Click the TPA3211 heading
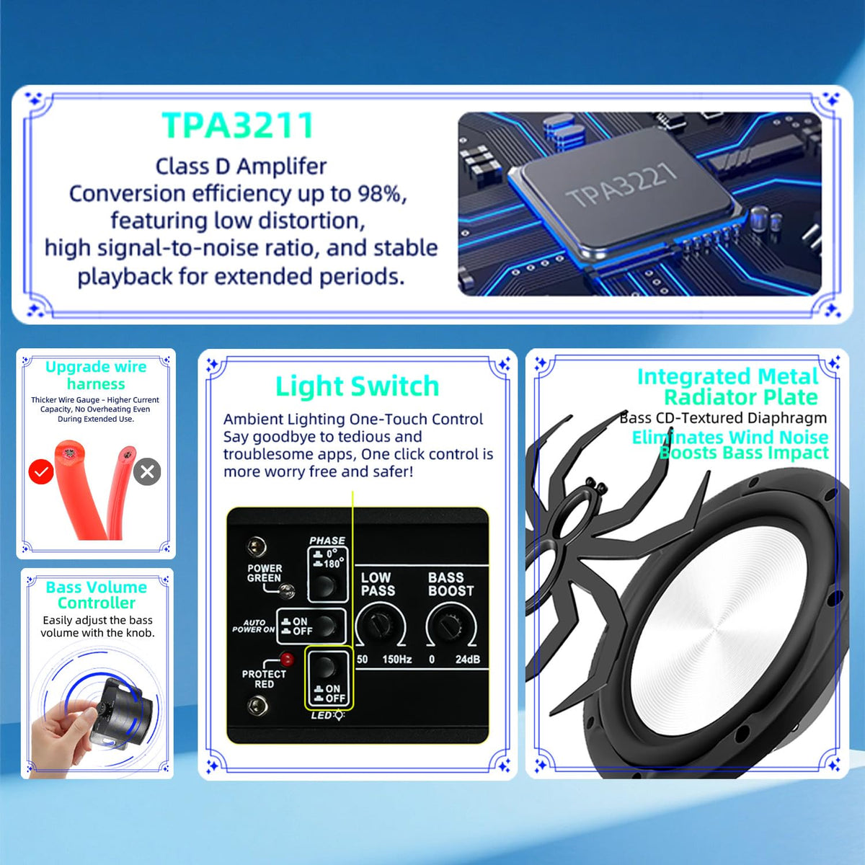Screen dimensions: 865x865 237,125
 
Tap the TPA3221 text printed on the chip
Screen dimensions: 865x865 621,185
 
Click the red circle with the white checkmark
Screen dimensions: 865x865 41,471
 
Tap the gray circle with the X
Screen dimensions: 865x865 147,471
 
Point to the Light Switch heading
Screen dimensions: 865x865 358,386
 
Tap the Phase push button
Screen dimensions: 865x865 324,586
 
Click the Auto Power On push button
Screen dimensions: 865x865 324,625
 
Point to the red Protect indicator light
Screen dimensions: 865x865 287,660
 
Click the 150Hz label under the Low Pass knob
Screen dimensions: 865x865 397,660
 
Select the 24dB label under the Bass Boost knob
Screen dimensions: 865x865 468,660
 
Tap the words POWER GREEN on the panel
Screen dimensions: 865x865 265,573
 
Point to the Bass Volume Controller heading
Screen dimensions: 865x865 97,595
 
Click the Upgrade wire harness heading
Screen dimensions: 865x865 96,376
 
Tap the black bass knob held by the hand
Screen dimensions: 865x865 120,714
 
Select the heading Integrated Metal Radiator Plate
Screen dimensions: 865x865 728,386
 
